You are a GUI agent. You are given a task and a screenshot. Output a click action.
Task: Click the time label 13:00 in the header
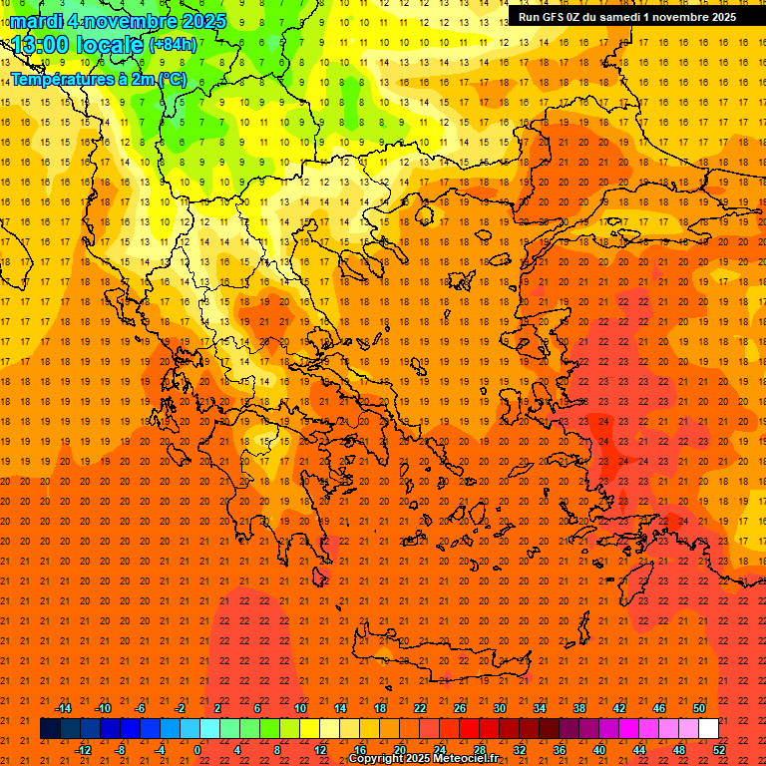pos(41,45)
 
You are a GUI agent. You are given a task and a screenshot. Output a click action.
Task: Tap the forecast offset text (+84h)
pos(173,45)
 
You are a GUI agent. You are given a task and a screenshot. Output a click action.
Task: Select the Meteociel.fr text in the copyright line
pos(465,759)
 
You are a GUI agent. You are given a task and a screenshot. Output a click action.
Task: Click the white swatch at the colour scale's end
pos(708,729)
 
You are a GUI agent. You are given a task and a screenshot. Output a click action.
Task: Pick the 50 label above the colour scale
pos(698,708)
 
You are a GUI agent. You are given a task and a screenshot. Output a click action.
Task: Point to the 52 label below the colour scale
pos(719,750)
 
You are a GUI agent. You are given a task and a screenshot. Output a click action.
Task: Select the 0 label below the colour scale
pos(197,750)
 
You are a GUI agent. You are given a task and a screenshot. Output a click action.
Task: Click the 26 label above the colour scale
pos(459,708)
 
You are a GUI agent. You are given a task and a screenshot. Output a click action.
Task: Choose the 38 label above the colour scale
pos(578,708)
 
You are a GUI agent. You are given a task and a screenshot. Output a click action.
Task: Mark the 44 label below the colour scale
pos(638,750)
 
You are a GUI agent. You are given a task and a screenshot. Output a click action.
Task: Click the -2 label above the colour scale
pos(180,708)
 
